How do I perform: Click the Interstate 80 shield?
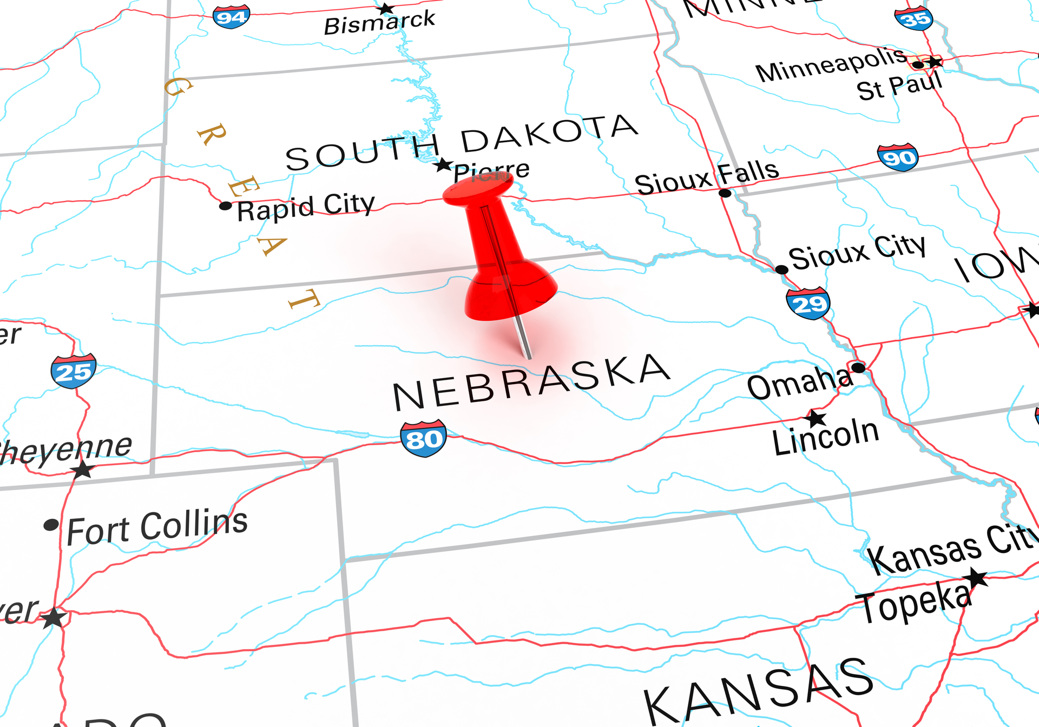click(423, 438)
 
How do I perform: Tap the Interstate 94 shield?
click(232, 16)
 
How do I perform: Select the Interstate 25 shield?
click(74, 371)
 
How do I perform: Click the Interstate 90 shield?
click(898, 157)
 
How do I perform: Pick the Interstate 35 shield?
click(914, 18)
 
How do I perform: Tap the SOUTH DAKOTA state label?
click(461, 143)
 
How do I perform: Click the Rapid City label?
click(306, 207)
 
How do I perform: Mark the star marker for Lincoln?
click(816, 418)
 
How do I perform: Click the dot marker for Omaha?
click(858, 368)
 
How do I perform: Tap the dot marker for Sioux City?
click(781, 269)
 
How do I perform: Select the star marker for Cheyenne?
click(82, 470)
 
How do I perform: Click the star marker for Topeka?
click(977, 578)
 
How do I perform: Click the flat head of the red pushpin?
click(478, 189)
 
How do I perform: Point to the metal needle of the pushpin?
click(523, 339)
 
